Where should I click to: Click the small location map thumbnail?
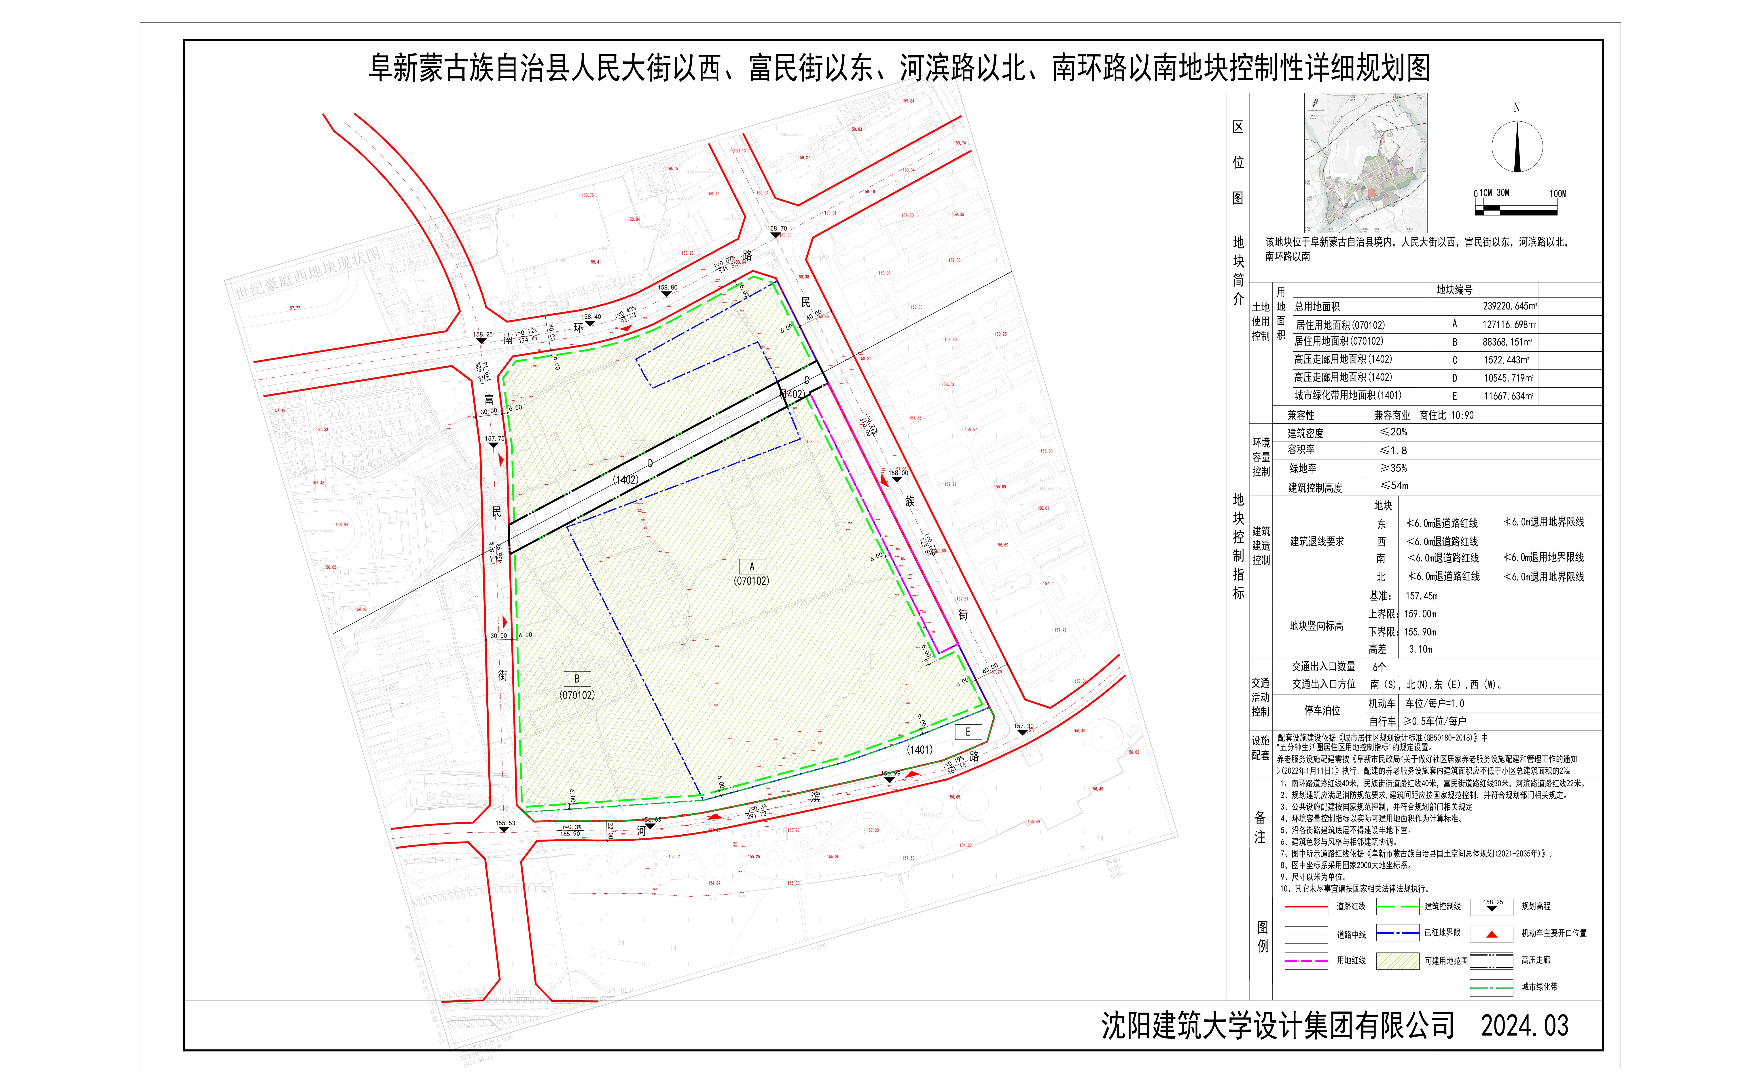tap(1365, 162)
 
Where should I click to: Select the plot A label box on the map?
tap(751, 566)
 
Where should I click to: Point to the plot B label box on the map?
tap(577, 679)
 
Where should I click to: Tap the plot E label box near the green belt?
tap(968, 732)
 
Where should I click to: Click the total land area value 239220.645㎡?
tap(1509, 306)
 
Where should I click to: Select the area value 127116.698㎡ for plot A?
tap(1509, 325)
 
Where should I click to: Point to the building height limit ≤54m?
tap(1394, 486)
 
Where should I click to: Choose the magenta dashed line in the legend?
tap(1306, 960)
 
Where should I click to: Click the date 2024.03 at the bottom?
tap(1524, 1025)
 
